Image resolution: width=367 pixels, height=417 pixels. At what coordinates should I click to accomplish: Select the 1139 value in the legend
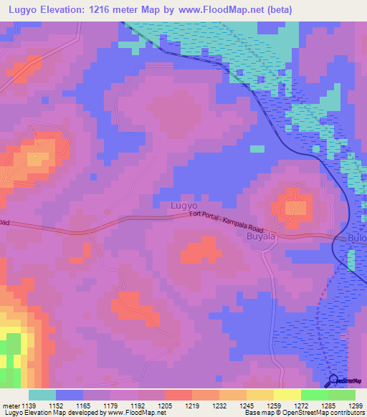tap(28, 405)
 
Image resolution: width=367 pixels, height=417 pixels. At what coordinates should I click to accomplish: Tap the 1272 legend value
tap(301, 405)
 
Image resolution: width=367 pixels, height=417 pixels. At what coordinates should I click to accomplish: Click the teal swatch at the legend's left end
tap(42, 395)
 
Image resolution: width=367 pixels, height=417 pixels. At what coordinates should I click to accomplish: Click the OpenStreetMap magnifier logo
tap(334, 382)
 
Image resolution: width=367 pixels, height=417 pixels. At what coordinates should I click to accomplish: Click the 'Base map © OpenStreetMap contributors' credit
tap(303, 413)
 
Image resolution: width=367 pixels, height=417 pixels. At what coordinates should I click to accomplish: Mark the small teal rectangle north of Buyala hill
tap(257, 148)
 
